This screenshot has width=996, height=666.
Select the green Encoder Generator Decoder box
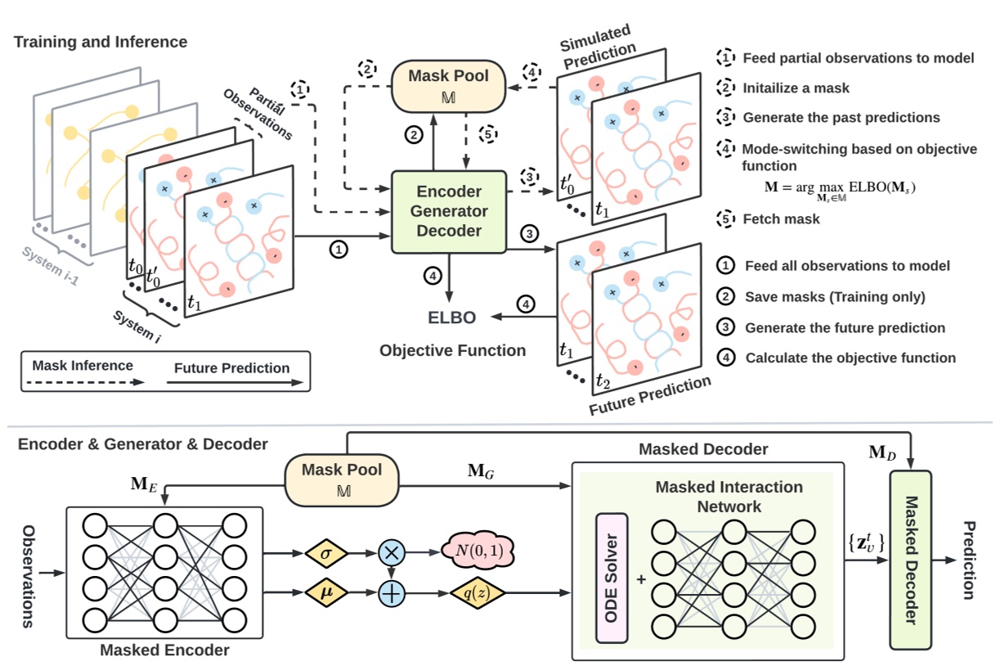(x=449, y=211)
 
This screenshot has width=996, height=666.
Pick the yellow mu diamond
(x=327, y=592)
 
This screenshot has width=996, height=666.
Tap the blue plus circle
(x=392, y=592)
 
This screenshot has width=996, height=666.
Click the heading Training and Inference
(x=101, y=42)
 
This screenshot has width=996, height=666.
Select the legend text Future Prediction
(x=231, y=367)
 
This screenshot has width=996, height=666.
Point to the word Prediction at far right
(x=968, y=560)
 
